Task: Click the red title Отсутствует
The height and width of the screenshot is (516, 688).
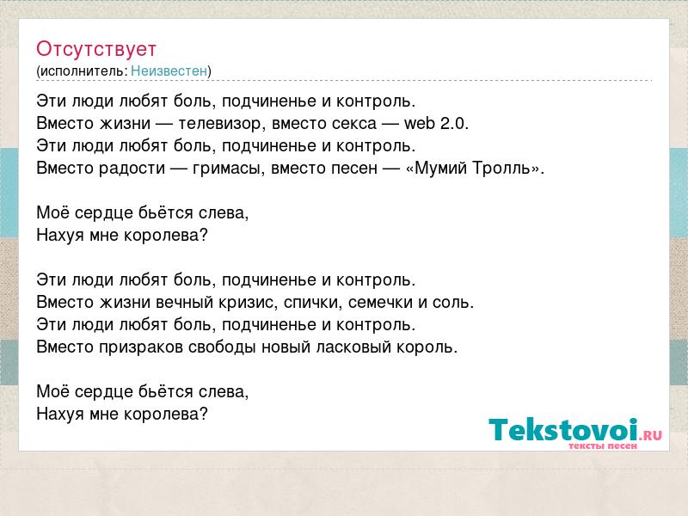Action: pyautogui.click(x=96, y=50)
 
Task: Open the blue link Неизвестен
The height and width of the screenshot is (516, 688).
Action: pyautogui.click(x=169, y=71)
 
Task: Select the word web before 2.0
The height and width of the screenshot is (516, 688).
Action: pyautogui.click(x=420, y=123)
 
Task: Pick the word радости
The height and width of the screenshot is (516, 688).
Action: pyautogui.click(x=132, y=169)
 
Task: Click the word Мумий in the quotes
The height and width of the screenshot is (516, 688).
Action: pyautogui.click(x=440, y=168)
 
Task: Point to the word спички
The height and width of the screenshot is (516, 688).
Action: pyautogui.click(x=312, y=303)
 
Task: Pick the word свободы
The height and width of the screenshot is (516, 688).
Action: pyautogui.click(x=222, y=347)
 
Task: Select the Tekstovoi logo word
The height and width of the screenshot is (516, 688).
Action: pyautogui.click(x=563, y=429)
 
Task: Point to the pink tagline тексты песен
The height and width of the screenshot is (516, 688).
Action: pyautogui.click(x=603, y=445)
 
